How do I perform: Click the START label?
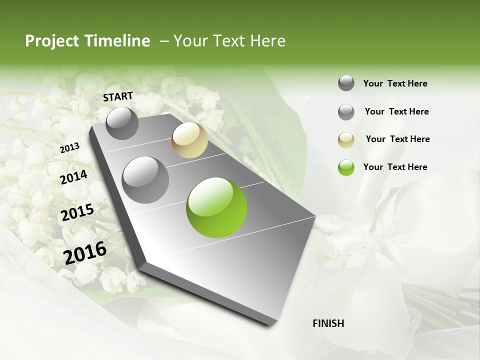pos(118,96)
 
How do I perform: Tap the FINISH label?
pos(328,323)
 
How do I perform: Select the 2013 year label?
pos(70,147)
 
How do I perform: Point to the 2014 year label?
pos(74,177)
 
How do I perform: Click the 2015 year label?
pos(77,213)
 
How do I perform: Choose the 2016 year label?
pos(85,252)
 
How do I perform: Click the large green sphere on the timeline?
pos(216,207)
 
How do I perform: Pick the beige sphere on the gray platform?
pos(189,140)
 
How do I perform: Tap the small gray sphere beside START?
pos(122,123)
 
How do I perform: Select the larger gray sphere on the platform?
pos(145,179)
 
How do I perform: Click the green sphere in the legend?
pos(346,167)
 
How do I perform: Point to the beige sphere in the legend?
pos(346,140)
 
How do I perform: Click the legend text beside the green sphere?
pos(395,167)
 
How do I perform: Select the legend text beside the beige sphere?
pos(397,139)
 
